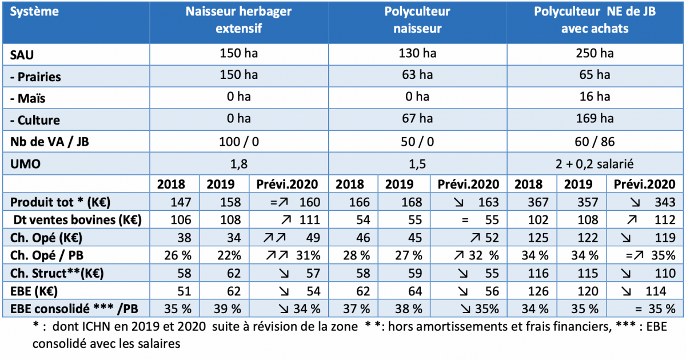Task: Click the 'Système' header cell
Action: point(34,12)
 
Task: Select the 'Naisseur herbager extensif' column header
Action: point(238,20)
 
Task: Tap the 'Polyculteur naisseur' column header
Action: point(417,20)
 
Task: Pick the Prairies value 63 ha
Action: point(417,75)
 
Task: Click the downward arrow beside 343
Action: point(628,203)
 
